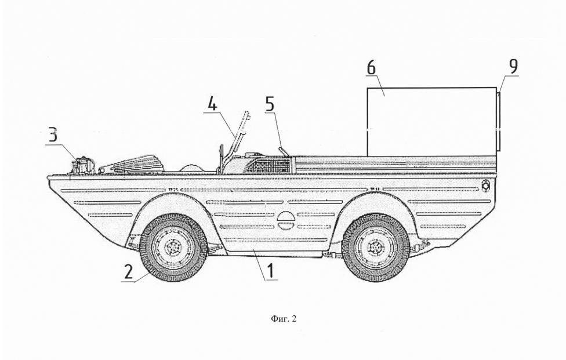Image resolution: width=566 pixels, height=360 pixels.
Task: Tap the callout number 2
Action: [129, 272]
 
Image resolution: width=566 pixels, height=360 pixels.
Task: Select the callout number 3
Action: [53, 136]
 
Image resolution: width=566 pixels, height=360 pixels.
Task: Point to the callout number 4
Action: [213, 104]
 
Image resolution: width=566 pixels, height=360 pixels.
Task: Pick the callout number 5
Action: [270, 104]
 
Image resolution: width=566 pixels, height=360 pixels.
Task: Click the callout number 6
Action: [371, 68]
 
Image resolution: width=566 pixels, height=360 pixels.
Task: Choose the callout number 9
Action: [513, 66]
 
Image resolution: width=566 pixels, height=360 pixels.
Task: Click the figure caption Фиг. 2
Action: [284, 319]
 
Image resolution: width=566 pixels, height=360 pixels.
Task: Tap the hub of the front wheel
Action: [173, 248]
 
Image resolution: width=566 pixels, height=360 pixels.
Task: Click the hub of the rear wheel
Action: [375, 248]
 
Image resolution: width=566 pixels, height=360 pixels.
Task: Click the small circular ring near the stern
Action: [486, 185]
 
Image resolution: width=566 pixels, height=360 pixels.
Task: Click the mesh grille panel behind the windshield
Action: [269, 165]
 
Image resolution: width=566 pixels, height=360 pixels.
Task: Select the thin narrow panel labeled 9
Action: [499, 122]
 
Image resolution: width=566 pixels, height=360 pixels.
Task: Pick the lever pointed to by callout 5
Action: [283, 152]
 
